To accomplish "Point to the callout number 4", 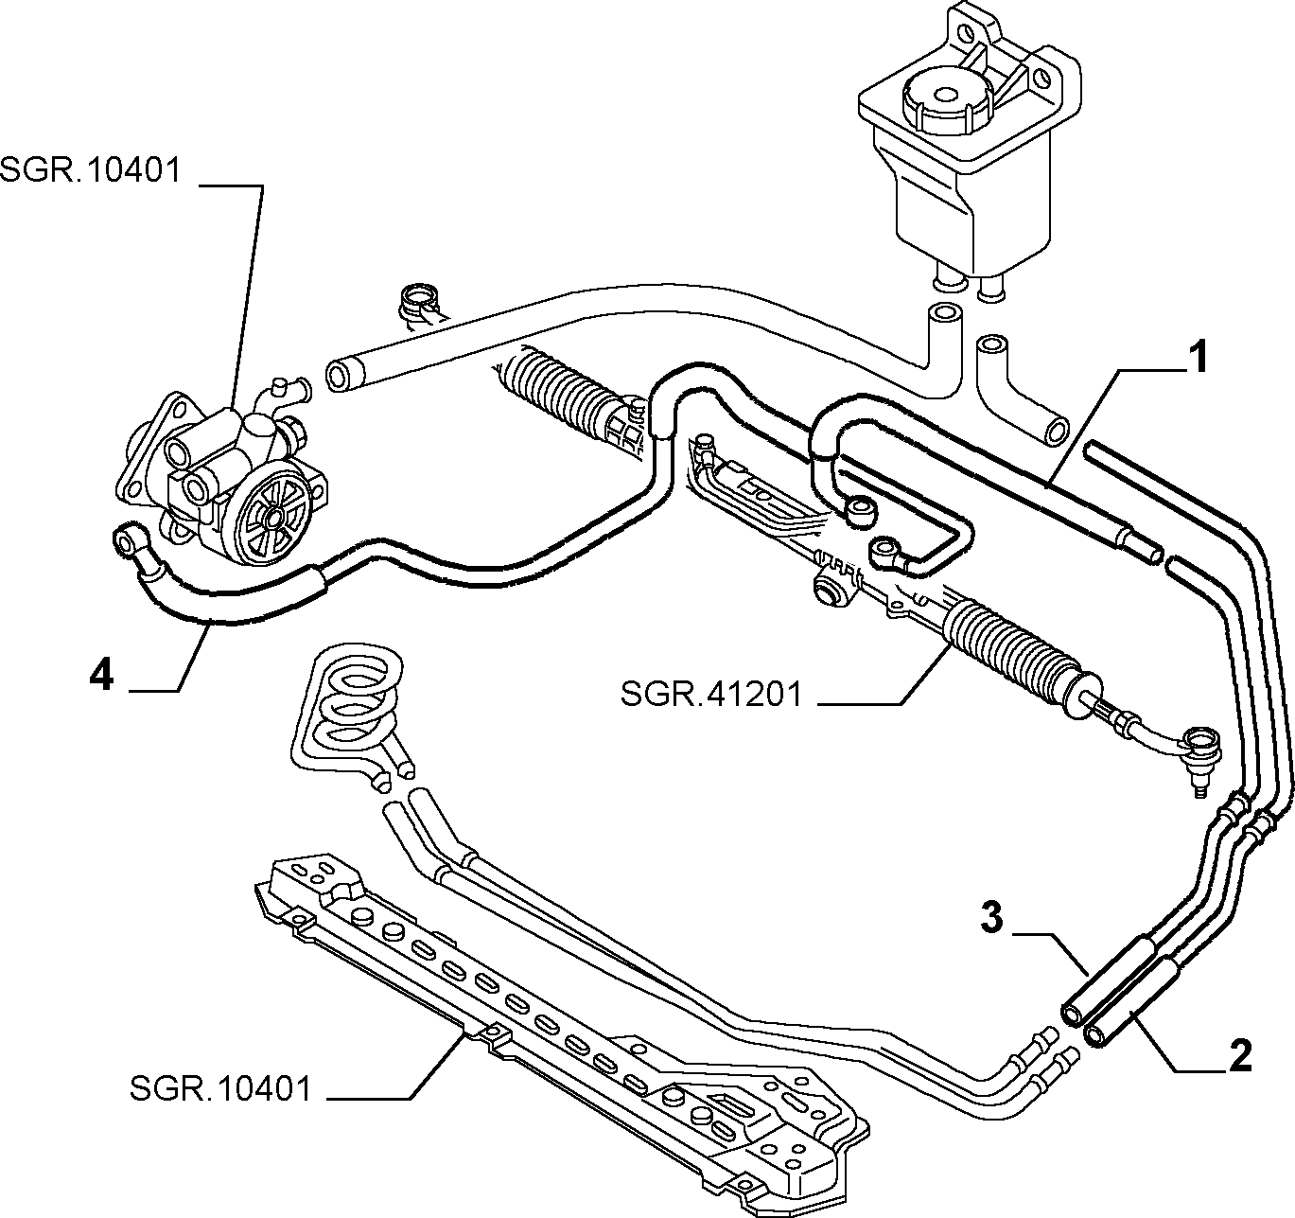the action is (102, 675).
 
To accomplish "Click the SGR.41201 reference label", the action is (710, 695).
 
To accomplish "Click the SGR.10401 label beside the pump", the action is (90, 171).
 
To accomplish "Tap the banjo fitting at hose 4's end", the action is (127, 538).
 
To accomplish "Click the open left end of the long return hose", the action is (339, 378).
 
